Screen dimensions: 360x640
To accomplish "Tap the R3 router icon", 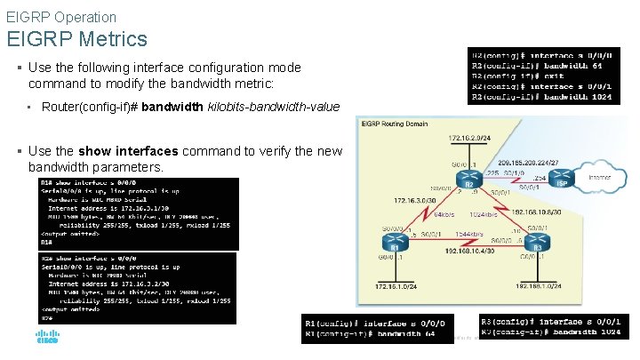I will [537, 242].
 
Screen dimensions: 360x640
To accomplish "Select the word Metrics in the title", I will [112, 39].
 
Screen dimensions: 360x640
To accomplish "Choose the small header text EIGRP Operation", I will [61, 17].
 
